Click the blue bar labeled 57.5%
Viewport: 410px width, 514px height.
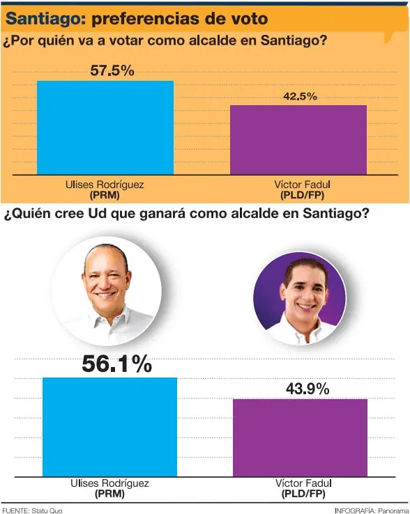(105, 127)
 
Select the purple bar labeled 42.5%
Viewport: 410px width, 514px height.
(298, 140)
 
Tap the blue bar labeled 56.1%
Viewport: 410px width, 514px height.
(109, 427)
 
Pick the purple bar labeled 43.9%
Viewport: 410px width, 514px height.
(300, 437)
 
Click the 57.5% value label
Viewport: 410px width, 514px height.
(112, 70)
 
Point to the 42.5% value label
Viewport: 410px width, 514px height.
(300, 96)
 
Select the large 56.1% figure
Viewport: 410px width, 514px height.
(117, 364)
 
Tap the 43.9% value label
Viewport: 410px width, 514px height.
(307, 389)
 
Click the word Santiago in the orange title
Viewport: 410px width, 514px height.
(45, 19)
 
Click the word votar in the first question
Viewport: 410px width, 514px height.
(126, 40)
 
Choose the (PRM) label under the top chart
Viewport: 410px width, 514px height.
(105, 196)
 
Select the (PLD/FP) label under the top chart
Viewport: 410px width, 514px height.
(303, 196)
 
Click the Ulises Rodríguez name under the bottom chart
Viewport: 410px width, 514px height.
(109, 483)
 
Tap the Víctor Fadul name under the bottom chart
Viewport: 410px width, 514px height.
(303, 483)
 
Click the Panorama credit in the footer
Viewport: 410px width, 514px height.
(393, 511)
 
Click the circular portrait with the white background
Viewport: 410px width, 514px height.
(107, 291)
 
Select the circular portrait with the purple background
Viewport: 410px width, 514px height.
(300, 298)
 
